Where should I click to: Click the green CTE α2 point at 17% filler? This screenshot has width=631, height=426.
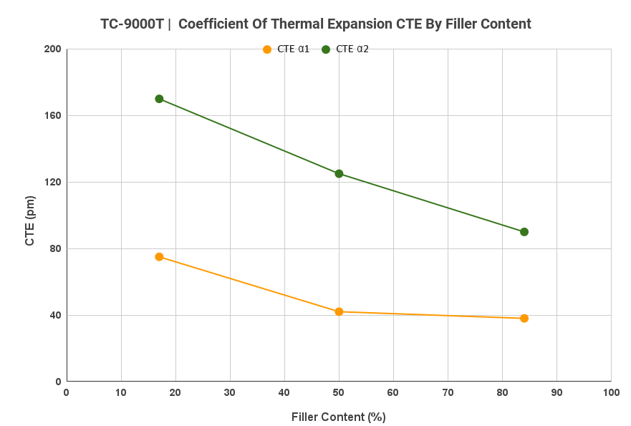tap(159, 99)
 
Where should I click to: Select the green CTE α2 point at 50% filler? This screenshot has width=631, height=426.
tap(339, 173)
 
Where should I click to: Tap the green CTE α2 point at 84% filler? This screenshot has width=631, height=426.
tap(524, 232)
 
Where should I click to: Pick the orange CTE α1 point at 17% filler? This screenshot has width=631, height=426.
tap(159, 257)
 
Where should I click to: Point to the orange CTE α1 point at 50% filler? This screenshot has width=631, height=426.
tap(339, 311)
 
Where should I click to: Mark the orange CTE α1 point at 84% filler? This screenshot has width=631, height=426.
tap(524, 318)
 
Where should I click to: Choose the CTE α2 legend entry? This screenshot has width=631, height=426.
tap(345, 49)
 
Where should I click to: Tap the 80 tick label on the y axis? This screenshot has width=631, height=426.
tap(55, 249)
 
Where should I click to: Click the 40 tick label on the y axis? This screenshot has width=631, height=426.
tap(55, 316)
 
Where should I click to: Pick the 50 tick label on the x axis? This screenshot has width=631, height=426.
tap(339, 392)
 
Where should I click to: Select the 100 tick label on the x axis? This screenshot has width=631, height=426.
tap(610, 392)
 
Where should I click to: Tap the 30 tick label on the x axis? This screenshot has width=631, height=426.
tap(230, 392)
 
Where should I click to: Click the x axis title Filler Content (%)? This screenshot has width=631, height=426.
tap(338, 417)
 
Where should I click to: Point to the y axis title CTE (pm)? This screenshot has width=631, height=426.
tap(30, 221)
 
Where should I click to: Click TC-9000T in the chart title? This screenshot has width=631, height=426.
tap(132, 24)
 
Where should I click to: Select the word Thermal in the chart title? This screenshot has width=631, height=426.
tap(316, 24)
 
